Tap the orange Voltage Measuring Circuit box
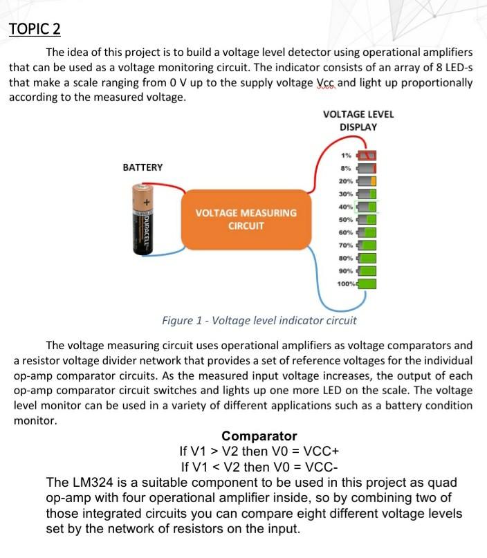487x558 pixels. [x=246, y=218]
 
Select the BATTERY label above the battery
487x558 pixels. [x=143, y=167]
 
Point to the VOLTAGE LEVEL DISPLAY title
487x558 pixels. [x=358, y=120]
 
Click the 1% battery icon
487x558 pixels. [x=367, y=154]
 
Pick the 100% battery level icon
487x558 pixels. [x=367, y=283]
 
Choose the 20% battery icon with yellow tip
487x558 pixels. [x=367, y=180]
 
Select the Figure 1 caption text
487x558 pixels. [x=259, y=320]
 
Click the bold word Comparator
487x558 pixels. [x=259, y=436]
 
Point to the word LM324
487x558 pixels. [x=91, y=482]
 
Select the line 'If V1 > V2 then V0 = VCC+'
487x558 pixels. [x=259, y=451]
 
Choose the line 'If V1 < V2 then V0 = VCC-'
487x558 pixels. [x=259, y=465]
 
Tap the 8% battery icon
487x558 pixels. [x=367, y=167]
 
